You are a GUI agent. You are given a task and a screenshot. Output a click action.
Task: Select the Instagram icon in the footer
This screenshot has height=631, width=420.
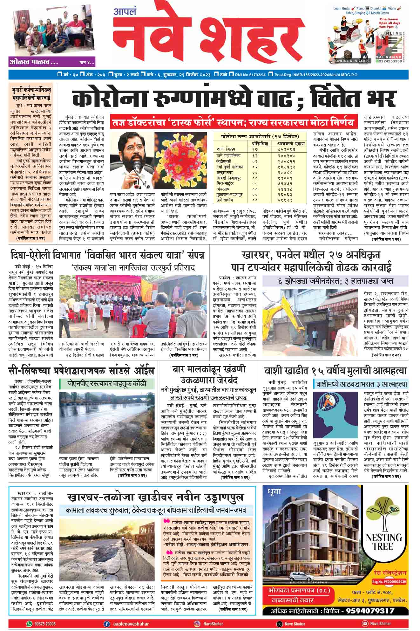(197, 624)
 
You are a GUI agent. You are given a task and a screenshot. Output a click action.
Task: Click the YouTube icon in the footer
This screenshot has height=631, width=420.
(365, 624)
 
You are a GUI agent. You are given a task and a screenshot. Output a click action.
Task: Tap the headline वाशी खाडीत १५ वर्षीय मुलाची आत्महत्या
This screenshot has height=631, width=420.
(335, 371)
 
